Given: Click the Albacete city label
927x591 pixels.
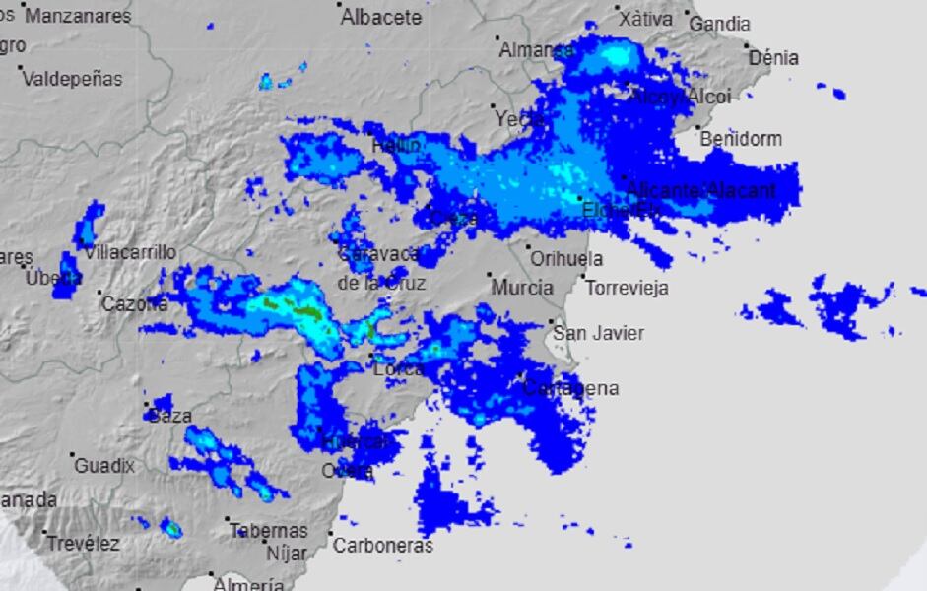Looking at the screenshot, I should coord(381,17).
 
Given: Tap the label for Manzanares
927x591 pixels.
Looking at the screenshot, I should coord(78,16).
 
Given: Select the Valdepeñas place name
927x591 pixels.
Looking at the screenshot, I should coord(72,78).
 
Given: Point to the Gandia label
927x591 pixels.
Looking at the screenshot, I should coord(719,24).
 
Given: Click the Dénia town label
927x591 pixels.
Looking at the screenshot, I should coord(774,58).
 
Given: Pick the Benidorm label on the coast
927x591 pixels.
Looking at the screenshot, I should coord(741,139).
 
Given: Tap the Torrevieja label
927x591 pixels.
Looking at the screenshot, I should coord(628,289).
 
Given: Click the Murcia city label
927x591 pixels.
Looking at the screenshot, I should coord(522,288).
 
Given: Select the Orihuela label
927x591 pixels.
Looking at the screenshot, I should coord(566,259).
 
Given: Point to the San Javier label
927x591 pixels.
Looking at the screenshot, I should coord(598,333).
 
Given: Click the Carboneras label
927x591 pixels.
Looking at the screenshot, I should coord(382,545).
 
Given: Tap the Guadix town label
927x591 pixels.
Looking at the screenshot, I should coord(104,465).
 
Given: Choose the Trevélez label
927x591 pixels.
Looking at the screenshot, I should coord(83,543).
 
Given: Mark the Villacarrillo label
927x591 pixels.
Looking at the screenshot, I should coord(130,252).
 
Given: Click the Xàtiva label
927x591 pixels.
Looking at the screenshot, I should coord(646,19).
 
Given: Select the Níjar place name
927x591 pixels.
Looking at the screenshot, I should coord(287,554).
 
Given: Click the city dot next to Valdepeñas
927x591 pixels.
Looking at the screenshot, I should coord(20,68).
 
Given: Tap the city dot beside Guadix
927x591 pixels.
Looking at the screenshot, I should coord(73,455).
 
